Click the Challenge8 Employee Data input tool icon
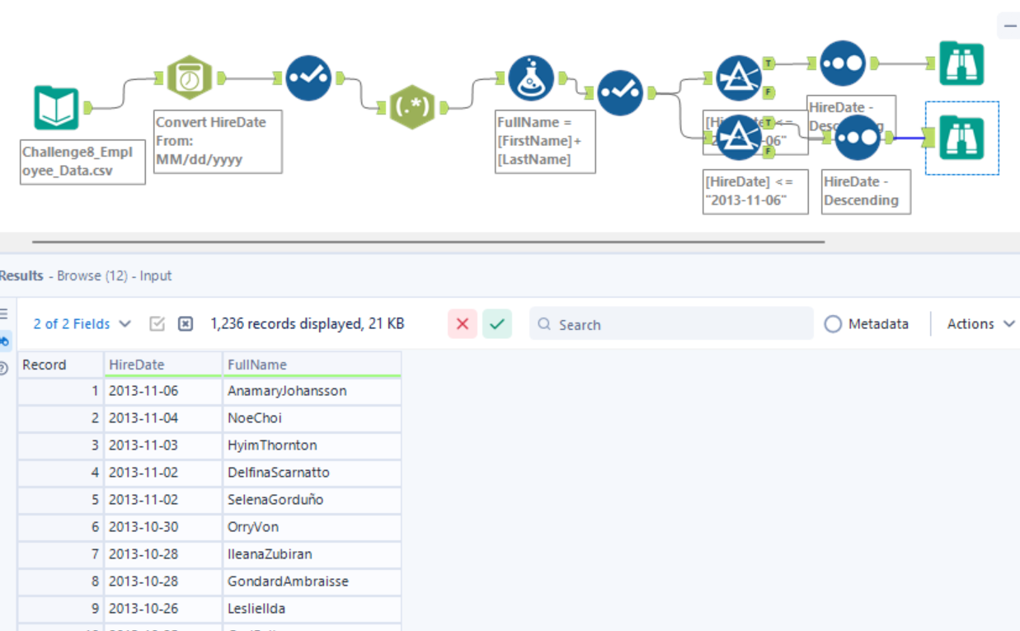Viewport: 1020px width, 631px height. (x=56, y=108)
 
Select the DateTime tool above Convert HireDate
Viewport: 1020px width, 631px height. (x=190, y=78)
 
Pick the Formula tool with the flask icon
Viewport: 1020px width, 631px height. (x=531, y=78)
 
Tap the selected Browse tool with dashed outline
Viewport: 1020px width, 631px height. (x=961, y=138)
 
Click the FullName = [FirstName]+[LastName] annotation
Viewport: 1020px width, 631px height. (x=545, y=141)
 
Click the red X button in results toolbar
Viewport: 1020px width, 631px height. (x=463, y=324)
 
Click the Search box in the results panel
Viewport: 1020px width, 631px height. (x=671, y=324)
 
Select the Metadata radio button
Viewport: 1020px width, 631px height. (x=834, y=324)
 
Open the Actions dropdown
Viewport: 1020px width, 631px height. (x=980, y=324)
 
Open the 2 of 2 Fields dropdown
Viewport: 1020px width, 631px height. (x=82, y=324)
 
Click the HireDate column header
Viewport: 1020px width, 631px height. (x=162, y=365)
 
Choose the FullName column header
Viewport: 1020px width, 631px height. (x=311, y=365)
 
